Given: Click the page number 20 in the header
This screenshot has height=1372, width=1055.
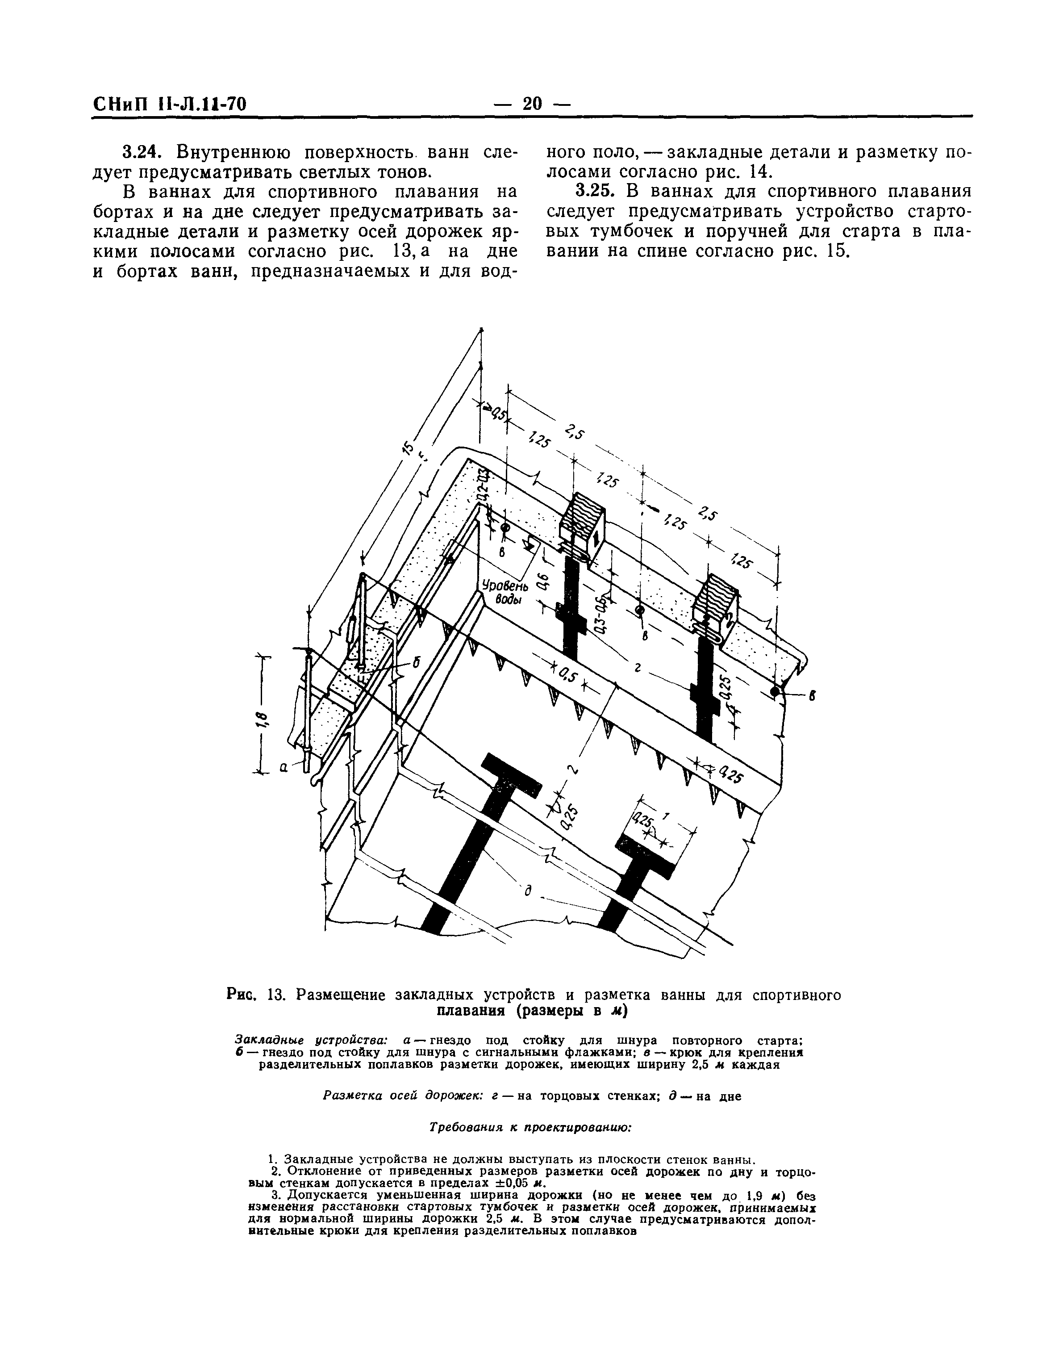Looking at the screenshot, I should [x=531, y=103].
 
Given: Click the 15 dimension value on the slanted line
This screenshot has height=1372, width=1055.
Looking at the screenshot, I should [x=409, y=447].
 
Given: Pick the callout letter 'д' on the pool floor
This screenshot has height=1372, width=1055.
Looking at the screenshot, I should [x=528, y=891].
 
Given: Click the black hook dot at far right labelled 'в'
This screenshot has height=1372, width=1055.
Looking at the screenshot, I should [x=775, y=691].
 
